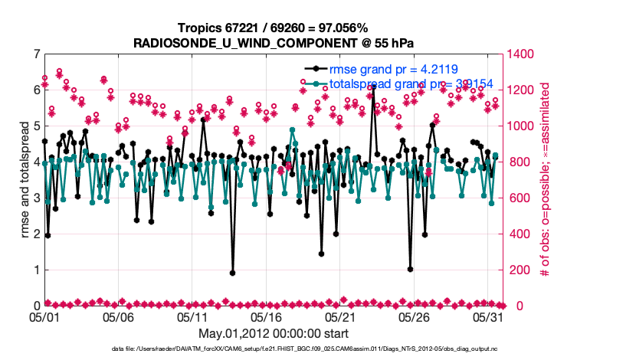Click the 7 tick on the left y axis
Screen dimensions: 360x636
[x=35, y=54]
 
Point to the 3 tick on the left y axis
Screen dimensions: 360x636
[x=35, y=198]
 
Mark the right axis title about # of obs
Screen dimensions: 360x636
[x=545, y=180]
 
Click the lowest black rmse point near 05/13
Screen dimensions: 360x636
[x=232, y=273]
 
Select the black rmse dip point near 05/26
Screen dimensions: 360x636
[x=411, y=269]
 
